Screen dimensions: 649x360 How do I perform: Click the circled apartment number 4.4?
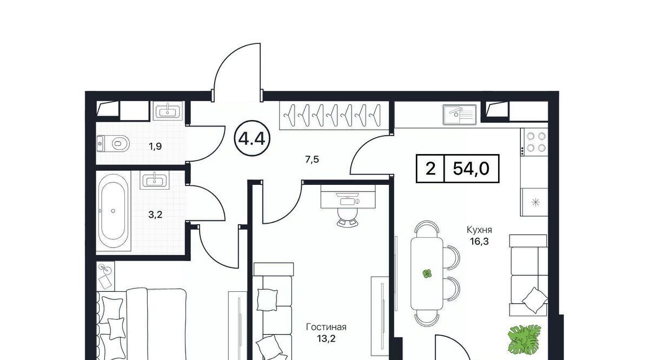click(x=251, y=139)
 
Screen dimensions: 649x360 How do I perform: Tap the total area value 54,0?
click(x=471, y=169)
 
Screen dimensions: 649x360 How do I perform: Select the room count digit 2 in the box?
click(x=431, y=169)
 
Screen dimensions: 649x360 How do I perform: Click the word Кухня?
click(x=479, y=230)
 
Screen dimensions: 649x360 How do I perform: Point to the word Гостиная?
click(x=326, y=327)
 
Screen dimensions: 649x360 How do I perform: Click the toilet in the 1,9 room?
click(x=113, y=143)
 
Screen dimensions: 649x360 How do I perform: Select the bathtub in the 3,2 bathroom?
click(x=113, y=211)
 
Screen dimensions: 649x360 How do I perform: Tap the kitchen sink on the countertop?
click(x=460, y=115)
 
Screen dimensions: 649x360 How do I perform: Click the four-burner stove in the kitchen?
click(x=534, y=142)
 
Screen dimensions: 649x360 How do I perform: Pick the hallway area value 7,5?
click(x=312, y=159)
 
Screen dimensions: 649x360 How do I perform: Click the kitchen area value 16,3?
click(x=479, y=241)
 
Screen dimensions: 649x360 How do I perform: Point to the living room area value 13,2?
click(x=326, y=338)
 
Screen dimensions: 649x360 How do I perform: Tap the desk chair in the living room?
click(x=348, y=216)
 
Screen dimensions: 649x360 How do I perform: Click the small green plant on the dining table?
click(x=427, y=274)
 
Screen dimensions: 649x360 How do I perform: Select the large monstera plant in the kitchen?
click(x=525, y=341)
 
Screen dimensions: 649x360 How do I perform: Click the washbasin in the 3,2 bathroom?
click(x=154, y=180)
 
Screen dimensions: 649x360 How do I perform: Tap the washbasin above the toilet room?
click(x=168, y=111)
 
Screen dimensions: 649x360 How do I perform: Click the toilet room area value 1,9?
click(x=155, y=146)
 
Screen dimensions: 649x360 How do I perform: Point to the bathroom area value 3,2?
click(x=155, y=215)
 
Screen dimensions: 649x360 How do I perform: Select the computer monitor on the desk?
click(x=348, y=201)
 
